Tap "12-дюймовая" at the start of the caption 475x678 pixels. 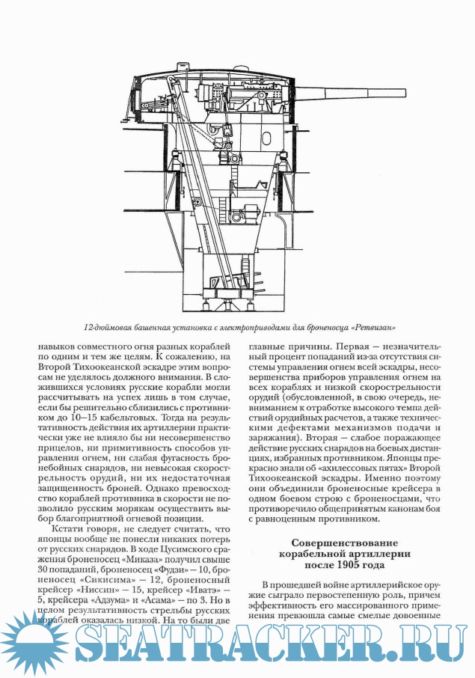108,328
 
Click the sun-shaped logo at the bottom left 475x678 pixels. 30,645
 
